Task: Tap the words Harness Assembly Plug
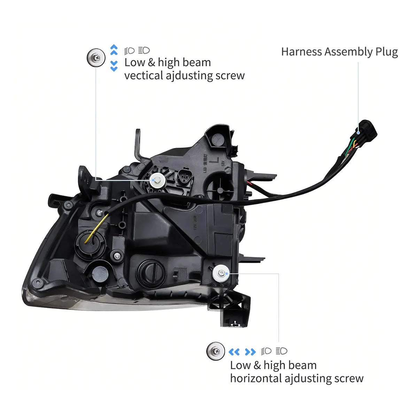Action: (x=339, y=52)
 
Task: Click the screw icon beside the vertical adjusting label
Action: (x=96, y=57)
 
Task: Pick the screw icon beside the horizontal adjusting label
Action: (x=215, y=351)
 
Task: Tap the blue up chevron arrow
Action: (x=114, y=50)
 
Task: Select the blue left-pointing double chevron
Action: (x=234, y=352)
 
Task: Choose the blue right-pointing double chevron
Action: (x=250, y=352)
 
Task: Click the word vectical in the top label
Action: (x=144, y=76)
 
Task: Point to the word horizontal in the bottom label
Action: (x=256, y=378)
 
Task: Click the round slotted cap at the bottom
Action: (x=150, y=271)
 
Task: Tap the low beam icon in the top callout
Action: (x=129, y=51)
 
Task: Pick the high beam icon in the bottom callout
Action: (x=281, y=351)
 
